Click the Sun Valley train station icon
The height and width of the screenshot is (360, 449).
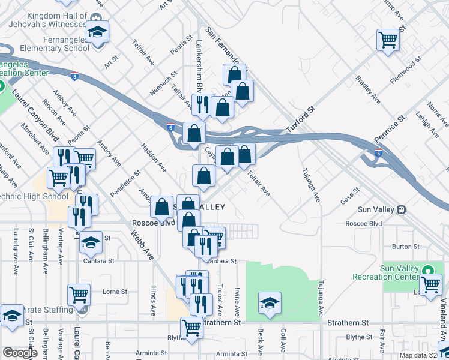click(400, 209)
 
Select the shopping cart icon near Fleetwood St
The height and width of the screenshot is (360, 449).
click(388, 40)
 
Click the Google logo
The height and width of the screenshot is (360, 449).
click(20, 353)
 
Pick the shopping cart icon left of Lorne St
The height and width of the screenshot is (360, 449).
click(79, 294)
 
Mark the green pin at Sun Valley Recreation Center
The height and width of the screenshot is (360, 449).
click(428, 271)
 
